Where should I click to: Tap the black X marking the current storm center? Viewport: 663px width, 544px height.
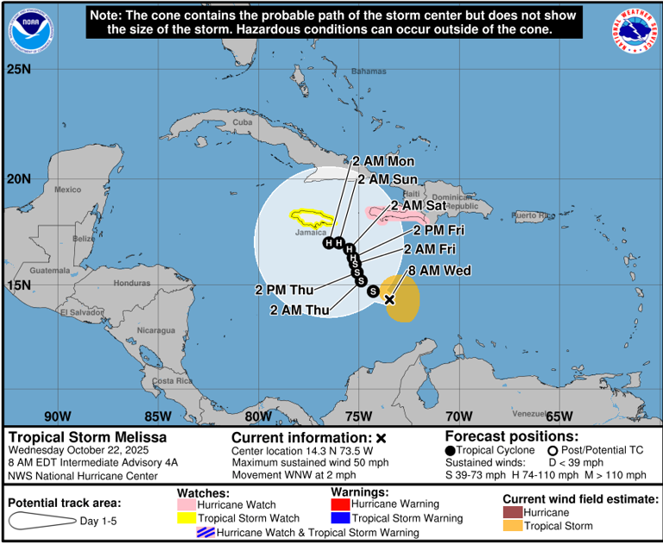(389, 300)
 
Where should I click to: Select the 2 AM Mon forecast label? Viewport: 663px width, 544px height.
(384, 161)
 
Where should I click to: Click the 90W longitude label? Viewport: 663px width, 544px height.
(58, 416)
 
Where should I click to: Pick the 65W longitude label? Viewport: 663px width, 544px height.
(559, 416)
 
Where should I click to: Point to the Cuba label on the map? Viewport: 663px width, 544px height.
(243, 122)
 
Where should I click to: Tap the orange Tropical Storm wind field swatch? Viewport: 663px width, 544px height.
(514, 525)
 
